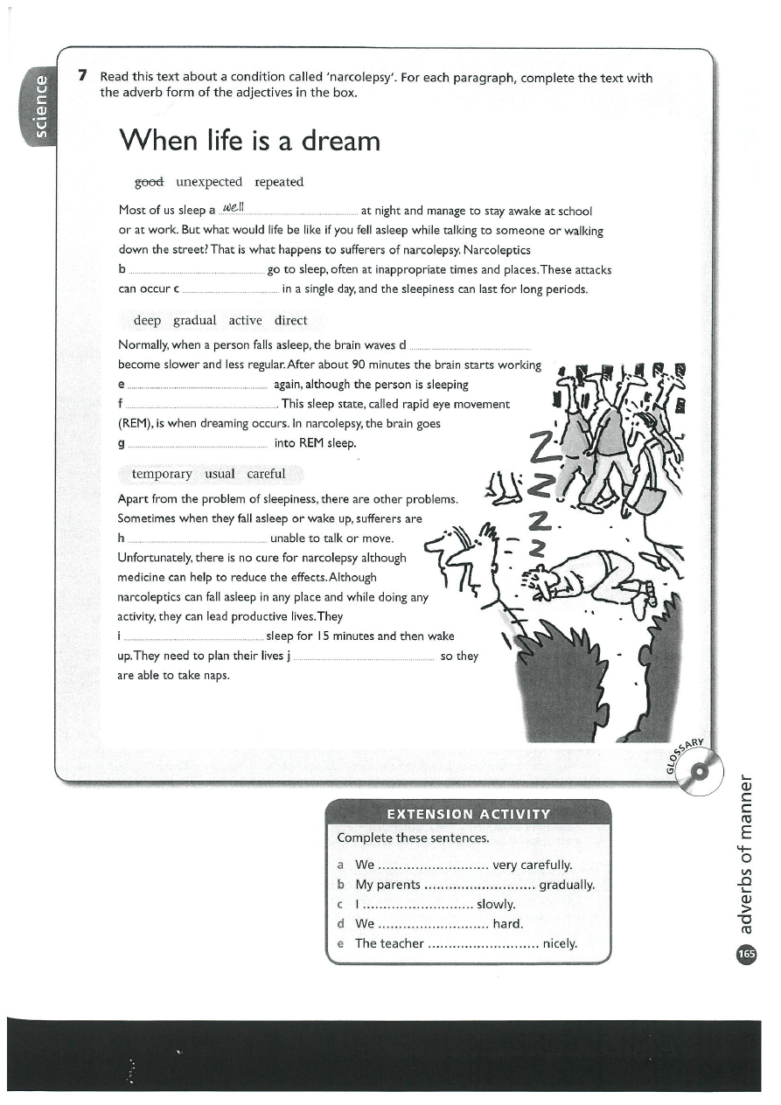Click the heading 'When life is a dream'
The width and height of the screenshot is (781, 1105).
pyautogui.click(x=249, y=140)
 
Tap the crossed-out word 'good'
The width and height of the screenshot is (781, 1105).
pyautogui.click(x=149, y=182)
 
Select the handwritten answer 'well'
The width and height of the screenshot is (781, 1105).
pyautogui.click(x=235, y=208)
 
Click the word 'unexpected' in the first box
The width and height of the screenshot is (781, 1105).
pyautogui.click(x=208, y=182)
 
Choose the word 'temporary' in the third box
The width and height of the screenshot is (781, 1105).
pyautogui.click(x=162, y=474)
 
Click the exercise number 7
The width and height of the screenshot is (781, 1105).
pyautogui.click(x=82, y=76)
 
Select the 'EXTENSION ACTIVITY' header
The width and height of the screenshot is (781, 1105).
pyautogui.click(x=468, y=814)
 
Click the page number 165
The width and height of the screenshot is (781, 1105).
pyautogui.click(x=746, y=954)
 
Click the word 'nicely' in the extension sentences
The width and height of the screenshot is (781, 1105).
pyautogui.click(x=560, y=943)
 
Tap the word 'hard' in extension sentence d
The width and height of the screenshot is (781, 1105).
pyautogui.click(x=508, y=923)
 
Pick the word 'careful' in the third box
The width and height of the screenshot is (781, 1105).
pyautogui.click(x=266, y=474)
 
